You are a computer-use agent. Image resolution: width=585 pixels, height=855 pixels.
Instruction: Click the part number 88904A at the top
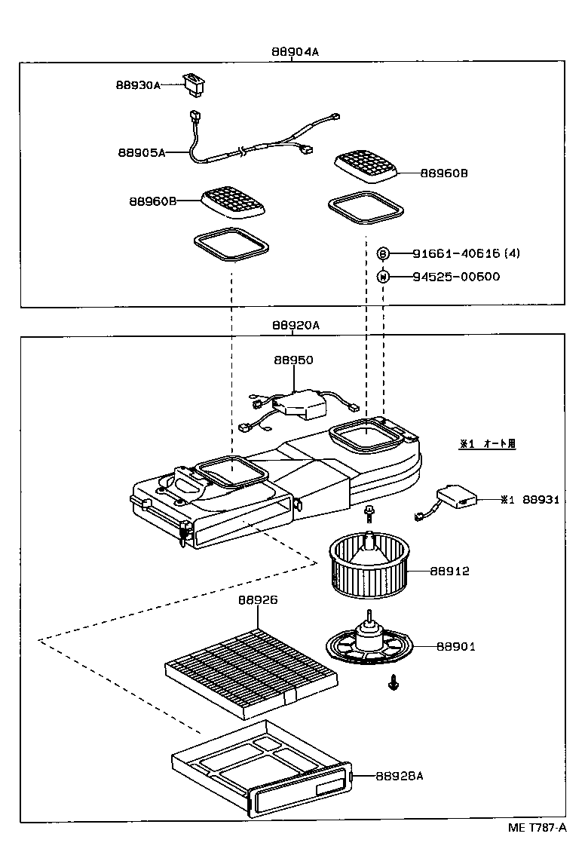point(296,52)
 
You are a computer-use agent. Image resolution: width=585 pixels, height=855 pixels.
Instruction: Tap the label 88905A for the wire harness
point(141,152)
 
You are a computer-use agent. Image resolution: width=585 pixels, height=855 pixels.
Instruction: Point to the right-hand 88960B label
point(444,173)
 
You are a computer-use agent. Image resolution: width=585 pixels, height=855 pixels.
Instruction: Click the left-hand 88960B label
point(152,201)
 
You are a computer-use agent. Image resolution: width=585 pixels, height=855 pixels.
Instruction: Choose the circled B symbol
point(383,253)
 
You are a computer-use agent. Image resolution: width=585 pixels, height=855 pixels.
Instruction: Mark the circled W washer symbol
point(383,276)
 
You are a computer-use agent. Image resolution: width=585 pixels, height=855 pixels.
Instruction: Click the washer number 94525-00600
point(455,276)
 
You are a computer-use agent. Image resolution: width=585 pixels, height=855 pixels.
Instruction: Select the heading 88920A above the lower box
point(296,325)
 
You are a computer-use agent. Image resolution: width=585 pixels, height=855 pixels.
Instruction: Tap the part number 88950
point(293,360)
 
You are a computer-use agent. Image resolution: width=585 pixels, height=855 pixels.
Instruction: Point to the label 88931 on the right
point(540,500)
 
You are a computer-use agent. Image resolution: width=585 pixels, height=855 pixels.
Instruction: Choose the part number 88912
point(449,571)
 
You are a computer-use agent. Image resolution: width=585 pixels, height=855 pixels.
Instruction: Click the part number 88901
point(456,646)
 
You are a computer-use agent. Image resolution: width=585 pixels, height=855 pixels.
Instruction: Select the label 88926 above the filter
point(258,600)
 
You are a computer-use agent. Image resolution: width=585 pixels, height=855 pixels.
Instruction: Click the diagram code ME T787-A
point(537,827)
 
